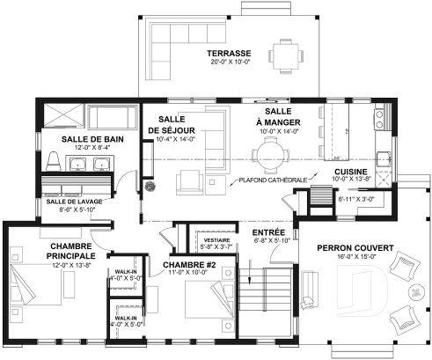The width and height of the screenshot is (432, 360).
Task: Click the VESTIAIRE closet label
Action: [216, 239]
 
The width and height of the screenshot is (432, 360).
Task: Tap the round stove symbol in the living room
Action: [150, 187]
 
